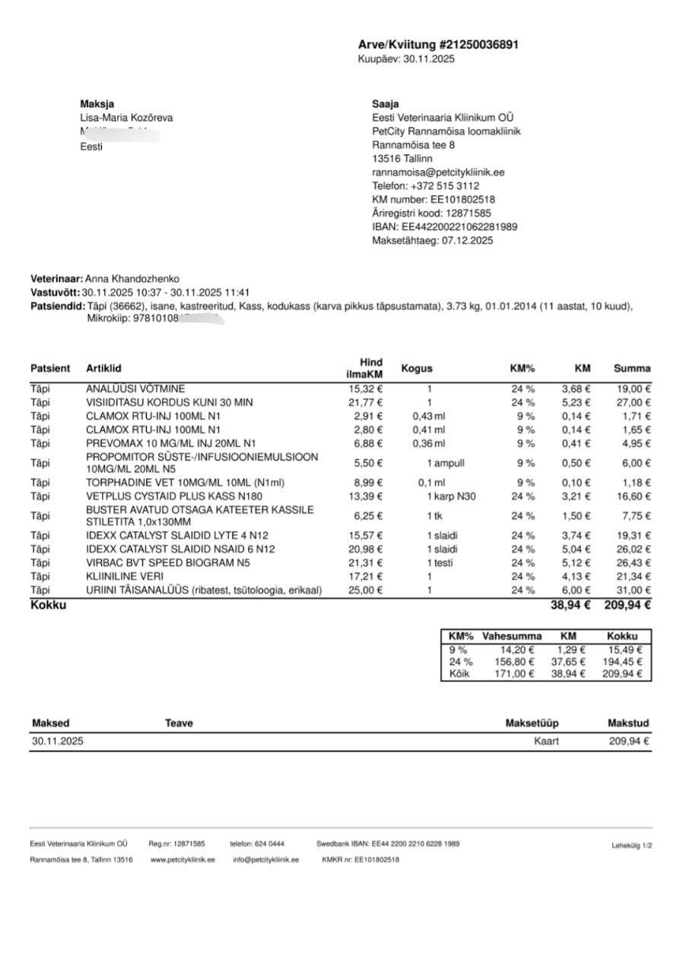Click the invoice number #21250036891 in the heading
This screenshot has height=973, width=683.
click(479, 45)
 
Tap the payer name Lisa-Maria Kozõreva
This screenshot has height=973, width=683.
click(126, 118)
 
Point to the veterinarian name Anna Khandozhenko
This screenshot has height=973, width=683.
click(132, 279)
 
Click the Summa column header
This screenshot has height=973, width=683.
click(632, 369)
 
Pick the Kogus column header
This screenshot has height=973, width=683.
click(417, 369)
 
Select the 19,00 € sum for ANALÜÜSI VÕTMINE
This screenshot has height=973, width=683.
click(632, 388)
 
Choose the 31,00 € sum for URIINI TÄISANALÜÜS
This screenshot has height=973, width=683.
click(632, 590)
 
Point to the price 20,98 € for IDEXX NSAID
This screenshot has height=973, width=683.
click(366, 549)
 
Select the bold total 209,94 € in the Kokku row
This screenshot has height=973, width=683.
click(627, 605)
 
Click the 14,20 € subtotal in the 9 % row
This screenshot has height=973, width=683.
click(516, 650)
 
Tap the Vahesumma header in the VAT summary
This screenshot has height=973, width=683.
click(512, 636)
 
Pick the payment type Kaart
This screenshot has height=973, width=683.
click(546, 740)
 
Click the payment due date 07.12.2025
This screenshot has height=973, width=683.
click(465, 241)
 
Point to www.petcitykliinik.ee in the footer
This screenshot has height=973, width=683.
click(183, 860)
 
